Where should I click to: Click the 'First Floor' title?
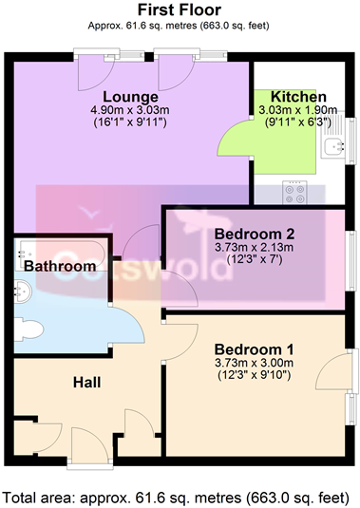[x=180, y=10]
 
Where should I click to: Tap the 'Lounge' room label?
[x=130, y=97]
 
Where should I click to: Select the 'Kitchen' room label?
[x=298, y=97]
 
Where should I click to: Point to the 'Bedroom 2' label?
[x=254, y=235]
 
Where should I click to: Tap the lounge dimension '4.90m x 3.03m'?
[x=130, y=110]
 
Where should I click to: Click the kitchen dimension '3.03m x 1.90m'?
[x=298, y=110]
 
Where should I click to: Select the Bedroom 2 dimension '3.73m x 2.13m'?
[x=254, y=248]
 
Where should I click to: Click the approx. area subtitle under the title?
[x=180, y=27]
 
